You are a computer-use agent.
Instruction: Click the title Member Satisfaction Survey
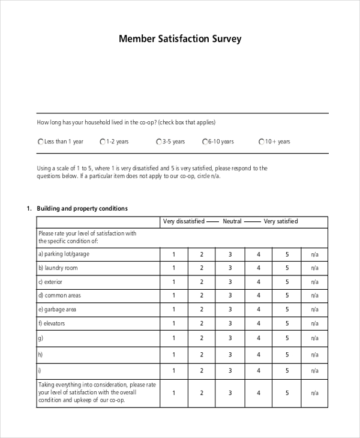(180, 39)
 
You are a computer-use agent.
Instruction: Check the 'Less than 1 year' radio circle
(40, 142)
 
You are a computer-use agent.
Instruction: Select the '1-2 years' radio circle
(103, 142)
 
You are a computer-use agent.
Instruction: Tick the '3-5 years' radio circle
(159, 142)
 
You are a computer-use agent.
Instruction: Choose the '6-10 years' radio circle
(205, 142)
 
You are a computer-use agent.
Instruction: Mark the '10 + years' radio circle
(261, 142)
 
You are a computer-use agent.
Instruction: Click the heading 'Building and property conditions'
(82, 209)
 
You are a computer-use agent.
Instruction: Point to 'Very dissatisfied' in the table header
(184, 222)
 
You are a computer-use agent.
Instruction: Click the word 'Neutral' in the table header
(232, 222)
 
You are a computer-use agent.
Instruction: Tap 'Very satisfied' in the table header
(281, 222)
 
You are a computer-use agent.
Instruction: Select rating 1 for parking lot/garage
(174, 254)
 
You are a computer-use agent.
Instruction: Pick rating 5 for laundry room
(287, 268)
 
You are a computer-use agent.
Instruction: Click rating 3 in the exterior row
(230, 281)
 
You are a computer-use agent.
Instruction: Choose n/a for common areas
(314, 295)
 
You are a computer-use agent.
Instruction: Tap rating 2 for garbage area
(202, 310)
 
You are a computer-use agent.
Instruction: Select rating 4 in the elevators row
(259, 323)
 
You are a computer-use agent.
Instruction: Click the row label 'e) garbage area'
(57, 310)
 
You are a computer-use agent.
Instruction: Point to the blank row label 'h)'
(41, 355)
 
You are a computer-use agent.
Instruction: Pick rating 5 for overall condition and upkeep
(287, 393)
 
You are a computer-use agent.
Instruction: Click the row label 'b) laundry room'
(58, 268)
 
